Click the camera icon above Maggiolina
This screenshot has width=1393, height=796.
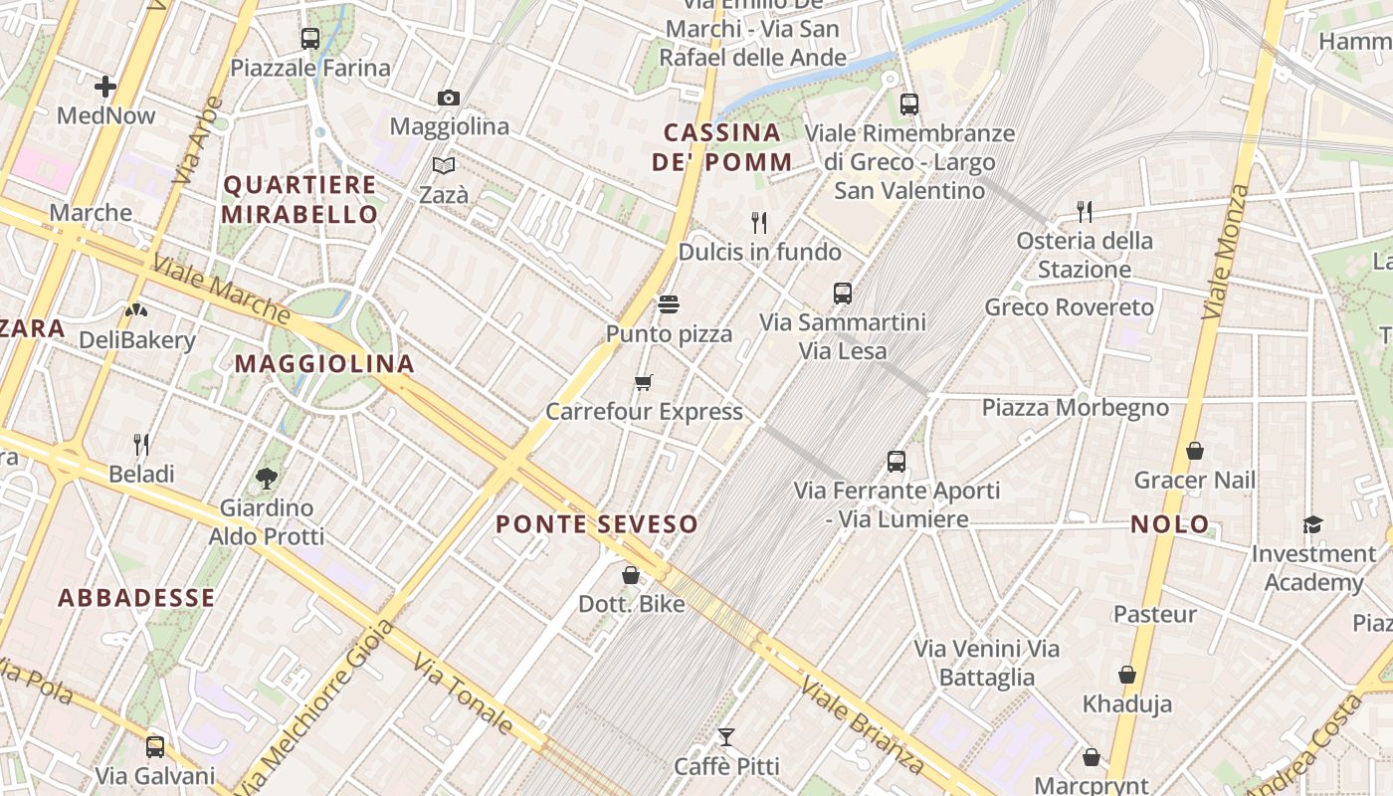pos(449,98)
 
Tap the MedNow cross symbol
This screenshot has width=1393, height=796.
pos(105,87)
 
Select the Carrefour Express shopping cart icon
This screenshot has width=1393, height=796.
pos(644,382)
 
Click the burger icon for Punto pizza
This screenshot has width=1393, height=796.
pos(669,303)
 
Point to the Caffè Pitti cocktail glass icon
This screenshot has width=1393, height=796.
pos(726,737)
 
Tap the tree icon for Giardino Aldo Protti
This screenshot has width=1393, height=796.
pos(266,479)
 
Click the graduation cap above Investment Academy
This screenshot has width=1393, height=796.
pos(1313,524)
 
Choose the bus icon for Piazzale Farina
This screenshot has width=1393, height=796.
pos(310,39)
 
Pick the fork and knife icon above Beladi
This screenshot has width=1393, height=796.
pos(141,444)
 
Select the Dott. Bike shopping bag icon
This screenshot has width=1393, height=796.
pos(631,575)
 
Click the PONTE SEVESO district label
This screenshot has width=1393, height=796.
pos(597,523)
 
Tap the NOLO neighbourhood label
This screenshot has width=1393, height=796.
pos(1170,523)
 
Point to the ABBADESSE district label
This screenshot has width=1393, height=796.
pos(136,597)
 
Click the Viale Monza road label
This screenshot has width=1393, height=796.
pos(1226,251)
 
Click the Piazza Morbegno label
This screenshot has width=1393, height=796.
pos(1076,407)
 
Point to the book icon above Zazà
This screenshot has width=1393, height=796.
pos(444,165)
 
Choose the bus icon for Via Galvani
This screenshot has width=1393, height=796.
pos(155,746)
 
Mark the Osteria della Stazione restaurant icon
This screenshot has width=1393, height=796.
pos(1085,211)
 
